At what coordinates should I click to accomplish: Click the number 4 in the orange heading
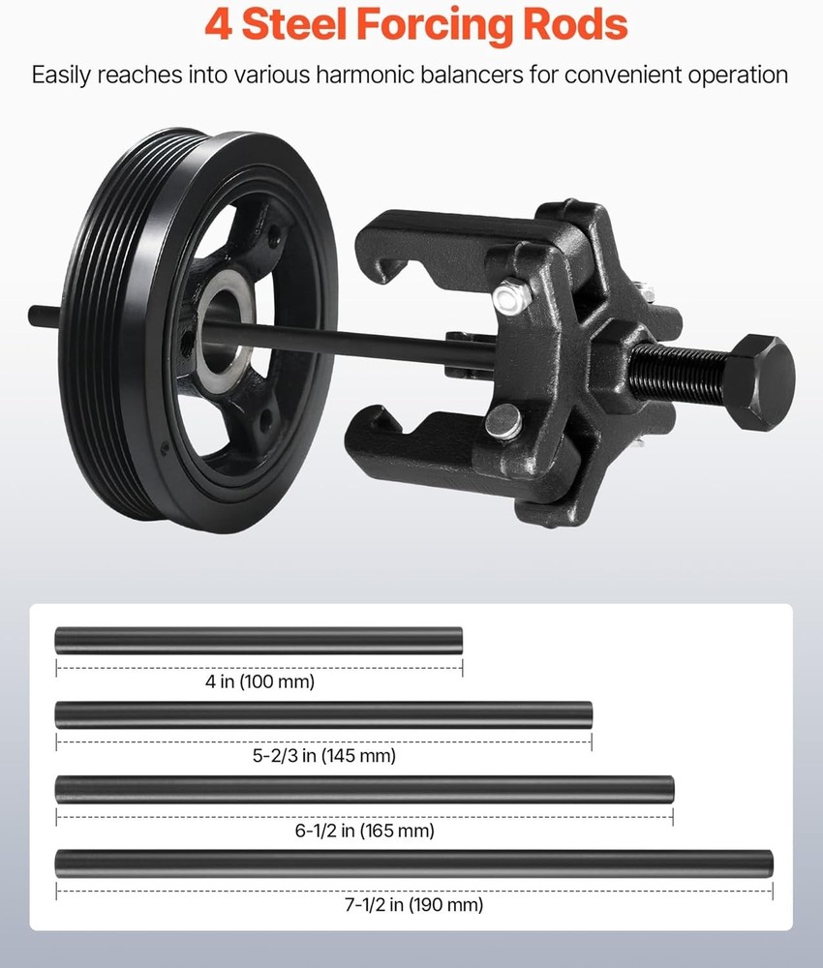(219, 25)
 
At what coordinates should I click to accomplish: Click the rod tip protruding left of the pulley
(43, 316)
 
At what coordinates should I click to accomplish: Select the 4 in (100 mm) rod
(259, 639)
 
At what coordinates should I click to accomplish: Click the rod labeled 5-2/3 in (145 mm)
(323, 714)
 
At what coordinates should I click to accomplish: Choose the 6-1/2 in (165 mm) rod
(364, 788)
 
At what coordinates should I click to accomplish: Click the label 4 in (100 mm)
(259, 681)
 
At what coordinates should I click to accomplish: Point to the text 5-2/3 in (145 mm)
(323, 755)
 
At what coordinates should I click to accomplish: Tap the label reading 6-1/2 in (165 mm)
(364, 831)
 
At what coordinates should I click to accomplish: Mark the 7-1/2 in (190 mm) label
(413, 905)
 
